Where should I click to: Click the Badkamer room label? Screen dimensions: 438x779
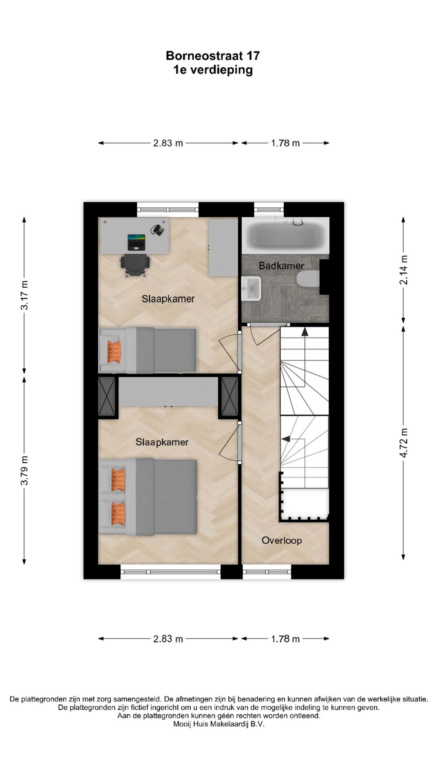point(281,266)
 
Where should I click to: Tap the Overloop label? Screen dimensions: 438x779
point(281,540)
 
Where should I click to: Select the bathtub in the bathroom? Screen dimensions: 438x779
point(286,235)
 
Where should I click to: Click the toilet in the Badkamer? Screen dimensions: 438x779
point(308,279)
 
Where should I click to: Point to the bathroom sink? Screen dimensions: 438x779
point(251,288)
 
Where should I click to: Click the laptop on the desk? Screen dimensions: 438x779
point(136,242)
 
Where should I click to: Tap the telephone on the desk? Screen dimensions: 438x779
point(157,230)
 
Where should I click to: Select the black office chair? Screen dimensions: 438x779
point(135,266)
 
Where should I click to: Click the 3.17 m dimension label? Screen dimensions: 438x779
point(24,295)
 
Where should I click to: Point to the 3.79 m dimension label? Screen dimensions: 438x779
point(24,471)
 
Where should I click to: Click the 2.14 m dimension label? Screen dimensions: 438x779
point(404,270)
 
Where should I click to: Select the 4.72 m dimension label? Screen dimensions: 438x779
point(404,443)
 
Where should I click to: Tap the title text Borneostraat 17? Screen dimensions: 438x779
point(213,56)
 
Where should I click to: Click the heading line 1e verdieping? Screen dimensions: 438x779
point(213,70)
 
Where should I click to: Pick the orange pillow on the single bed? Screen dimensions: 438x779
point(114,351)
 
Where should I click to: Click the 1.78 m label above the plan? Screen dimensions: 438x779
point(286,143)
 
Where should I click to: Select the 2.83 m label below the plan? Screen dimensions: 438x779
point(168,639)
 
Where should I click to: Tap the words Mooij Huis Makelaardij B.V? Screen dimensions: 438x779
point(219,724)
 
